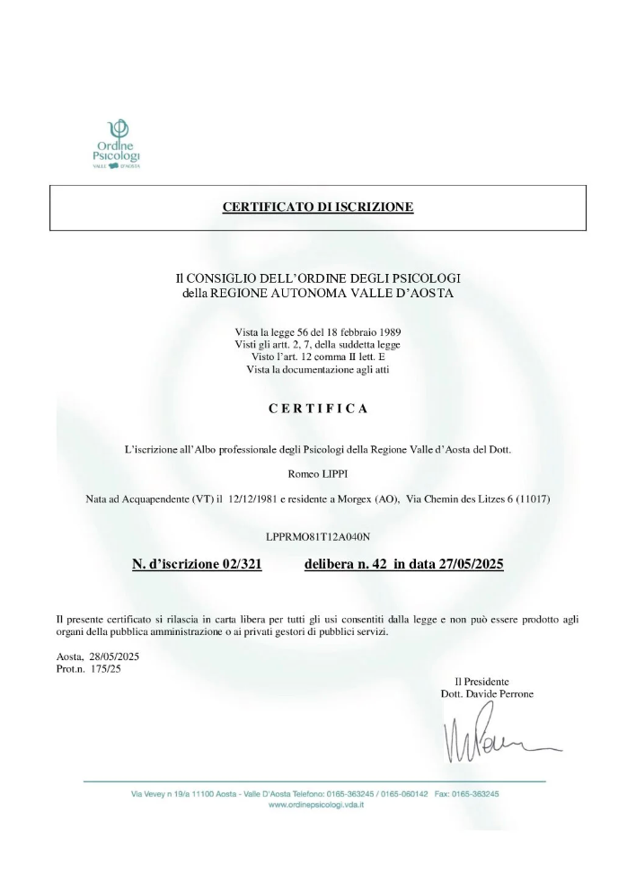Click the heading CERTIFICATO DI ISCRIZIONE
pos(318,207)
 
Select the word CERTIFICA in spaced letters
pos(318,408)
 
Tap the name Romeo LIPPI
pos(318,472)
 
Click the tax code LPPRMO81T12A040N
pos(318,536)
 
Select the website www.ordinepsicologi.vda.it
pos(316,806)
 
